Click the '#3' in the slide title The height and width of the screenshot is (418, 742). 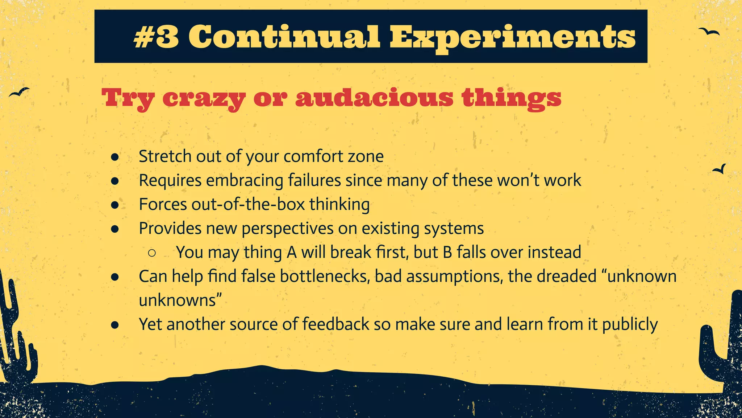pos(156,37)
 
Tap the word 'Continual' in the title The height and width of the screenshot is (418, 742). pos(284,37)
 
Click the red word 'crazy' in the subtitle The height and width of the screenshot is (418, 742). pos(204,98)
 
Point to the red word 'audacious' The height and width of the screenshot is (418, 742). pos(374,98)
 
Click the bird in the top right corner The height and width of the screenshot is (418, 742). pos(709,32)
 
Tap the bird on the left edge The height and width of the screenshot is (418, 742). pos(19,92)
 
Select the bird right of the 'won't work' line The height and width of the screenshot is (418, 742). pos(720,169)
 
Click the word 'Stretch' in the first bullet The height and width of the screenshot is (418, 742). pos(165,156)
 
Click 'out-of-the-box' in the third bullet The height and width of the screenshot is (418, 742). pos(248,204)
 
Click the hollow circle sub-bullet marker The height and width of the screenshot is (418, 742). pos(152,253)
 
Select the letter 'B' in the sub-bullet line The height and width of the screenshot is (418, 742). pos(447,253)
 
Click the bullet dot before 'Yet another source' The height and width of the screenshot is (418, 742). pos(115,325)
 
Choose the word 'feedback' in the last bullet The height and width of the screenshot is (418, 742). pos(335,324)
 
